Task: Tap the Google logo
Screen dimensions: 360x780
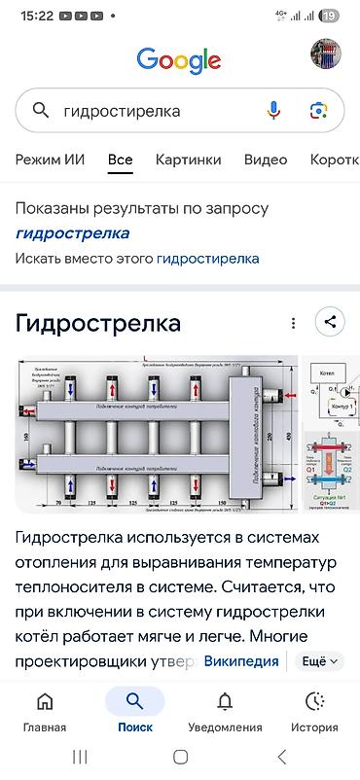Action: [179, 60]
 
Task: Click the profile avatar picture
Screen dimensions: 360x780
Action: [326, 54]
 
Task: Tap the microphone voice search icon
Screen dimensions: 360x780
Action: [273, 111]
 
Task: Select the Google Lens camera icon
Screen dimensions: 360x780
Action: [317, 111]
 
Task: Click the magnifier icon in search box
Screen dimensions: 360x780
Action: [41, 111]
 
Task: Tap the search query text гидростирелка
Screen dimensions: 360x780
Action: [122, 111]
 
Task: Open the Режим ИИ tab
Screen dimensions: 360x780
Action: [50, 160]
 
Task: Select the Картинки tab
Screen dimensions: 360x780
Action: [188, 160]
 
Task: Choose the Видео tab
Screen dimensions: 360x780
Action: [266, 160]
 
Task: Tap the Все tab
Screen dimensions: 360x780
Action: [121, 160]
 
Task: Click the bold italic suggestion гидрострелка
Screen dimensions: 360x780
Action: [72, 233]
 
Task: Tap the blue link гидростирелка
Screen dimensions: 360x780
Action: [207, 259]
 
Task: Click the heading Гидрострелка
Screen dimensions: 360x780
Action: [98, 323]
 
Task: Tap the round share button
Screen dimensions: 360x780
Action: [330, 323]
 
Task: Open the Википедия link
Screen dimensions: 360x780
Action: [240, 661]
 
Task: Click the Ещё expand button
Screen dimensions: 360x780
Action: [320, 661]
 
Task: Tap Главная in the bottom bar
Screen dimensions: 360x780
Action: [45, 712]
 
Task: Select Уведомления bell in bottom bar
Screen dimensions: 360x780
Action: [225, 712]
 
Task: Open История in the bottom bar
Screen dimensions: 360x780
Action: [314, 712]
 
